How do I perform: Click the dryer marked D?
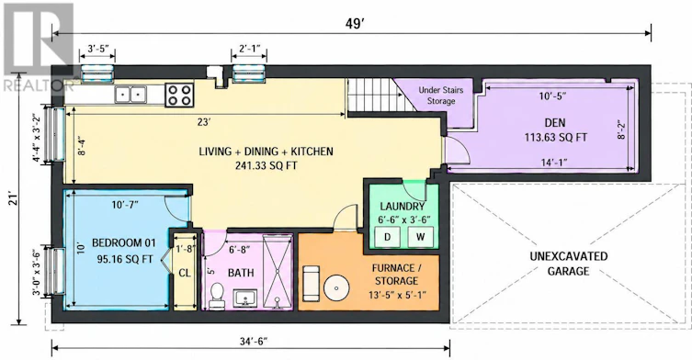click(388, 237)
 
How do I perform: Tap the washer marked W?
click(420, 237)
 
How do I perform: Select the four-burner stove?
click(179, 95)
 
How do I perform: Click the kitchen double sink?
click(130, 94)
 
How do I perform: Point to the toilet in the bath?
click(216, 295)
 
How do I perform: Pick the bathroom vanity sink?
click(246, 298)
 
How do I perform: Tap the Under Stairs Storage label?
click(441, 96)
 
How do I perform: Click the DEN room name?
click(555, 123)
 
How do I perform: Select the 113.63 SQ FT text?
click(556, 137)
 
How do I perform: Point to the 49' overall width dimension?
click(355, 24)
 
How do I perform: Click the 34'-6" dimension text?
click(251, 341)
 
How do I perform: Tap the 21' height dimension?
click(12, 197)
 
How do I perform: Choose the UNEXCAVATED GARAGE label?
click(569, 264)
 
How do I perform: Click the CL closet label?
click(185, 273)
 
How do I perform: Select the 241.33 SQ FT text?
click(266, 166)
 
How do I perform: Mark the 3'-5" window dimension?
click(98, 49)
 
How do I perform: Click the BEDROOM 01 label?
click(123, 242)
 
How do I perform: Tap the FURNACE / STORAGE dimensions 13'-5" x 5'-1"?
click(396, 294)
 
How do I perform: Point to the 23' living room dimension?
click(203, 123)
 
